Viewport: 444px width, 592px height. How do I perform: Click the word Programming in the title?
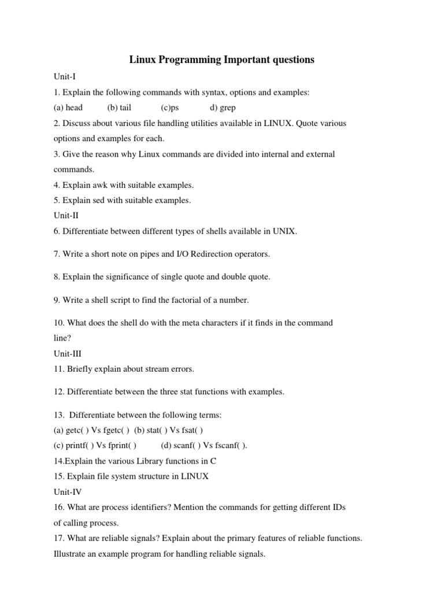tap(183, 60)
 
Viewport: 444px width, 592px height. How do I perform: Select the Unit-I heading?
tap(65, 76)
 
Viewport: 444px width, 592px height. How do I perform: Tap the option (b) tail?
tap(119, 108)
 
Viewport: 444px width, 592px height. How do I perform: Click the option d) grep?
tap(223, 108)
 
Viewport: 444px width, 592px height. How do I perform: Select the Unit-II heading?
tap(66, 216)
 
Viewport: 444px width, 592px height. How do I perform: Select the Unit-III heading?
tap(68, 354)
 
